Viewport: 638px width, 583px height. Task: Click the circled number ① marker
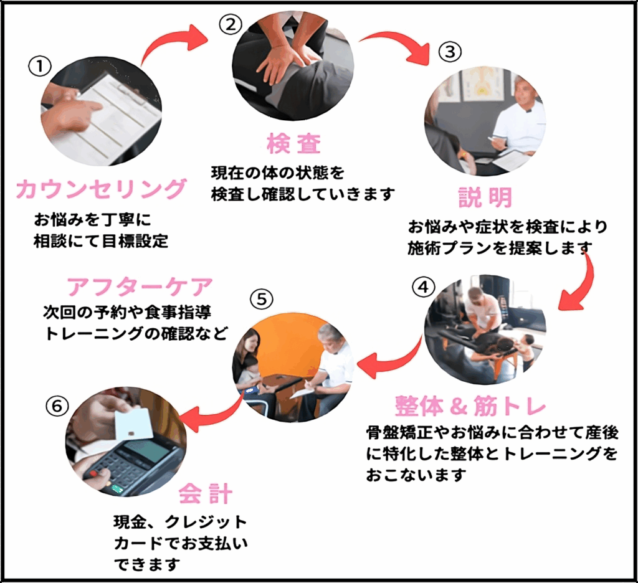click(x=39, y=67)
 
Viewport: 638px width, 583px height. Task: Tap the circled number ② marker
click(x=231, y=24)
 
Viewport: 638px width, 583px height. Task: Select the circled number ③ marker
click(x=450, y=52)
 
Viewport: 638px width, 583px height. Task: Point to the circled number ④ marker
click(x=424, y=287)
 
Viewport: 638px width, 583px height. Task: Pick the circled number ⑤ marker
click(x=262, y=300)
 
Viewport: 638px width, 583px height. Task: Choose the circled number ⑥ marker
click(x=57, y=406)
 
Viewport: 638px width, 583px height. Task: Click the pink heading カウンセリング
click(x=102, y=189)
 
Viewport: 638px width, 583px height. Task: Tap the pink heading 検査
click(x=294, y=144)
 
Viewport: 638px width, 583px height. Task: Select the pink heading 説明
click(x=485, y=197)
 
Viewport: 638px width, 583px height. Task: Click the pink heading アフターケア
click(x=140, y=287)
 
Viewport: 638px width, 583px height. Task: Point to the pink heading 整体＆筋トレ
click(x=470, y=405)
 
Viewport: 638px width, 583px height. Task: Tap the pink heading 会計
click(x=206, y=494)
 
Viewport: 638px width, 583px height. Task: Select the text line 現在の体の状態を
click(x=277, y=173)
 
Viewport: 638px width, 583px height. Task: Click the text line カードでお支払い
click(x=181, y=543)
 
